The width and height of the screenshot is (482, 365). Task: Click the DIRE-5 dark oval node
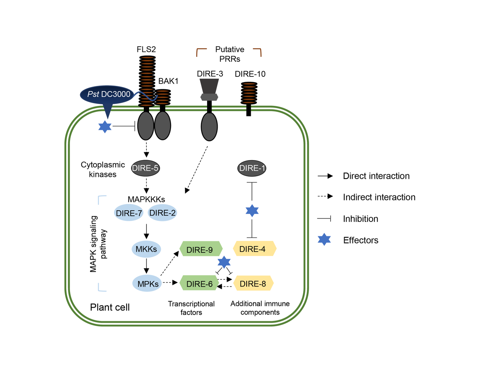pos(145,168)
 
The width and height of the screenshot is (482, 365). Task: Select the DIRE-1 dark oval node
pos(252,168)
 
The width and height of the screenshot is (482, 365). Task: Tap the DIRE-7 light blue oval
pos(129,213)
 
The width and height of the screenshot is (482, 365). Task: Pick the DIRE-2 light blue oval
pos(162,213)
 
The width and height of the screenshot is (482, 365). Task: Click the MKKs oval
pos(146,249)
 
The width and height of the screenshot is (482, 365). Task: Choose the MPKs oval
pos(147,284)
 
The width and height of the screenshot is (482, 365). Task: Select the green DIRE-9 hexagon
pos(200,249)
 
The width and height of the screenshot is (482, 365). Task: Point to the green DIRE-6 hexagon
pos(199,284)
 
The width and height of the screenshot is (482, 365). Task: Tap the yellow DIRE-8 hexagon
pos(253,284)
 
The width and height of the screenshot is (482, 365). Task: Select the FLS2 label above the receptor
pos(146,49)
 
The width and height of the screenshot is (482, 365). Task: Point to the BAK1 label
pos(168,81)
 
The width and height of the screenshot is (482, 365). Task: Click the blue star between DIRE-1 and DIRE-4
pos(252,211)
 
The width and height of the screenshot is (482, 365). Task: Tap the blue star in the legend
pos(324,240)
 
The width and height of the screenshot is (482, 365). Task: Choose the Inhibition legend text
pos(360,219)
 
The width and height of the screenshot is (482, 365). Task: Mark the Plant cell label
pos(110,307)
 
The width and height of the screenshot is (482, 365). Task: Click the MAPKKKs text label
pos(146,199)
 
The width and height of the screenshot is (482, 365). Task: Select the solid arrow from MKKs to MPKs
pos(146,266)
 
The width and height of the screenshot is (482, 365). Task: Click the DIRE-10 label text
pos(250,74)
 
